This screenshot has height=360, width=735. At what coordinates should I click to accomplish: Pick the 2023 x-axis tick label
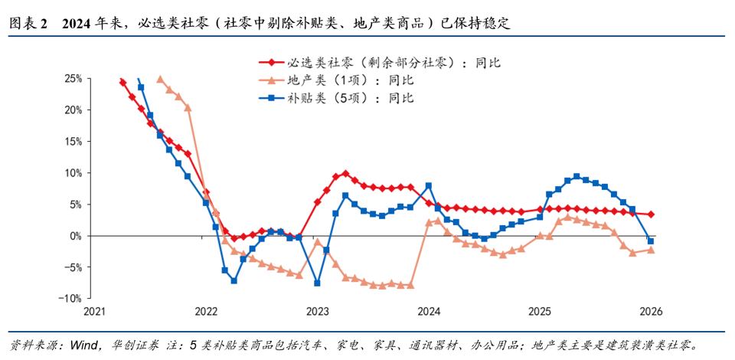(x=317, y=312)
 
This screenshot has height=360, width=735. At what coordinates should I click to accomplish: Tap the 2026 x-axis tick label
(x=651, y=312)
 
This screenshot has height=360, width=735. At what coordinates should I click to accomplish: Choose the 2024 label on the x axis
(x=429, y=312)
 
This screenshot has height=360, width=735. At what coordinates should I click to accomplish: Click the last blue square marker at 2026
(x=651, y=241)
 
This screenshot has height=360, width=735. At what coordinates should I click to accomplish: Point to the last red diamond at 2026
(x=651, y=214)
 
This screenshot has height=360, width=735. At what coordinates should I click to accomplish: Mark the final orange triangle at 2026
(x=651, y=250)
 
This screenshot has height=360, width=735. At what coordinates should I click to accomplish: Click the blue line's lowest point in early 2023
(x=317, y=283)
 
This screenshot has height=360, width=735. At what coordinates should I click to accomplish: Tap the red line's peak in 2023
(x=345, y=173)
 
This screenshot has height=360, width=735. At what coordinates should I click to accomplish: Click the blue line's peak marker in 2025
(x=577, y=176)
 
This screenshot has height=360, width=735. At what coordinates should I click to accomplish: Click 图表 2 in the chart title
(x=28, y=24)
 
